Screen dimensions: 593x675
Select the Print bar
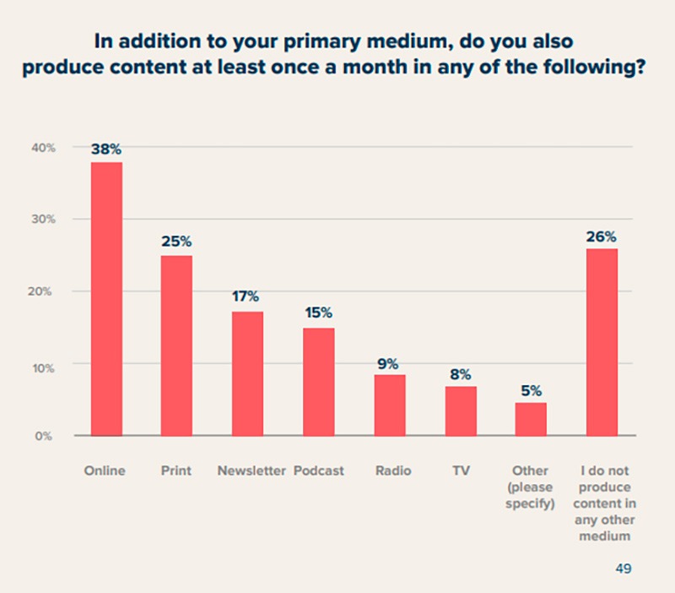pos(177,345)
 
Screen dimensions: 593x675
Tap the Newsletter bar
pos(248,373)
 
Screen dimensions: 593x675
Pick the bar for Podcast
pos(319,381)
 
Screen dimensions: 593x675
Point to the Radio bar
pos(390,405)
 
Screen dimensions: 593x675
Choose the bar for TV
pos(461,411)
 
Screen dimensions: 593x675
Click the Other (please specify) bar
pos(532,419)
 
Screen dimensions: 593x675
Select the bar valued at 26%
pos(602,342)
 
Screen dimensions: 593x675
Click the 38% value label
pos(106,149)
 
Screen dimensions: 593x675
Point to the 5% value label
pos(532,391)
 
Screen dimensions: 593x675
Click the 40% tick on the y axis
pos(44,148)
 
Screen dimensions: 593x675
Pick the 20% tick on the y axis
pos(44,291)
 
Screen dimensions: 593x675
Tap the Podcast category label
pos(319,471)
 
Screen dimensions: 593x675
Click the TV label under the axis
pos(461,471)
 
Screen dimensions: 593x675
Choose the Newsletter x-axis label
pos(251,471)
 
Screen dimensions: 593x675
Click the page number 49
pos(624,569)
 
